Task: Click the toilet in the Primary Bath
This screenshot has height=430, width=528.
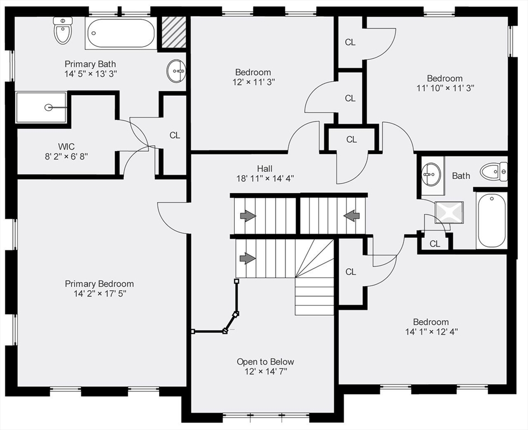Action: tap(63, 30)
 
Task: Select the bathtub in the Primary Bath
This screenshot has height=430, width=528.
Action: tap(120, 34)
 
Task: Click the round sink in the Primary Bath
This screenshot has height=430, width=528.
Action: tap(177, 72)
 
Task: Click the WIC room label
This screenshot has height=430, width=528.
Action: tap(66, 146)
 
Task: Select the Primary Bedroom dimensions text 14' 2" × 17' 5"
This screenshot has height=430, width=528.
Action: tap(99, 294)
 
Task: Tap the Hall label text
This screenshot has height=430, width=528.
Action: tap(265, 168)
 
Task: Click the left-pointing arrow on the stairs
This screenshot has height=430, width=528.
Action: tap(352, 215)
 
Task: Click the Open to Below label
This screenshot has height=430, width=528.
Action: tap(265, 362)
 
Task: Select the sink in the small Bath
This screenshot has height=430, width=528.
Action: tap(431, 174)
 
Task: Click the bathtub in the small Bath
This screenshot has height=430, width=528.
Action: tap(492, 219)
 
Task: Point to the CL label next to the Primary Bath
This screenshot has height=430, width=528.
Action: tap(175, 135)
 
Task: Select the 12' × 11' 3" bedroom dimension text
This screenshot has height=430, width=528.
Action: tap(253, 82)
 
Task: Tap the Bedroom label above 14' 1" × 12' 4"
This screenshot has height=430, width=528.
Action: tap(430, 322)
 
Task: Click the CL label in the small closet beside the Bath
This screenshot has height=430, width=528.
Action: tap(435, 244)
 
